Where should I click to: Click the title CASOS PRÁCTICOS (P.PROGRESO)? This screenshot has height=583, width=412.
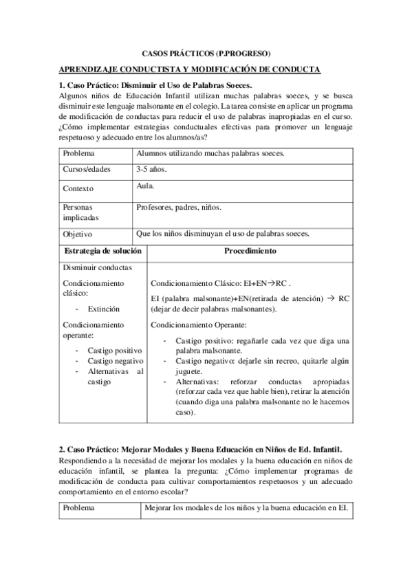point(206,53)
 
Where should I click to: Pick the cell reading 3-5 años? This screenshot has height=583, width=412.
point(152,169)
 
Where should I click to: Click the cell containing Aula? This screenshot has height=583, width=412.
point(145,186)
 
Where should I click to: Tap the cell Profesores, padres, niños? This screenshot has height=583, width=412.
point(179,206)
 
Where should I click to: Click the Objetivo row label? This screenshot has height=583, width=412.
point(78,234)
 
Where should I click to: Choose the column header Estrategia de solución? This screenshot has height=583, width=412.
point(102,251)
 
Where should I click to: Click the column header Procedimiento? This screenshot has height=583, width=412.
point(250,251)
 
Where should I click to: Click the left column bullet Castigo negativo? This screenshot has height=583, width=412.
point(115,361)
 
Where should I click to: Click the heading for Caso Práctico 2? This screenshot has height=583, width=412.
point(200,448)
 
